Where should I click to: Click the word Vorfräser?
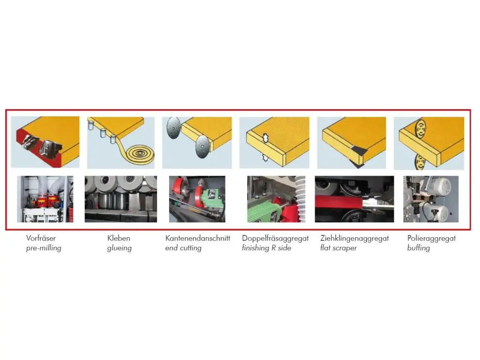pos(41,238)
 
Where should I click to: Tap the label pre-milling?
pos(44,248)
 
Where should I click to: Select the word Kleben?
pos(119,238)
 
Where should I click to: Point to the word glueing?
pos(120,248)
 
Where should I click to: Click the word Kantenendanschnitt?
pos(198,238)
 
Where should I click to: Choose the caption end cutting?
pos(183,248)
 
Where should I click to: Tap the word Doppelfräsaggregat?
pos(276,239)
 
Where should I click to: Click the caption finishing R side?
pos(267,248)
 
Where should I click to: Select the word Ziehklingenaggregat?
pos(354,239)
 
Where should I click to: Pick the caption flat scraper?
pos(338,248)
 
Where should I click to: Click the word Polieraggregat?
pos(432,239)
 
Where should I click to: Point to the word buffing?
pos(419,248)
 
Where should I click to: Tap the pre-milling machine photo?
pos(45,199)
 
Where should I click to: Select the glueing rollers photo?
pos(121,199)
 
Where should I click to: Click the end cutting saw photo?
pos(197,199)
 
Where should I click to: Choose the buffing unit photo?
pos(431,199)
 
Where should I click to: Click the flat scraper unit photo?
pos(354,199)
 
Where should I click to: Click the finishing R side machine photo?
pos(276,199)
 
